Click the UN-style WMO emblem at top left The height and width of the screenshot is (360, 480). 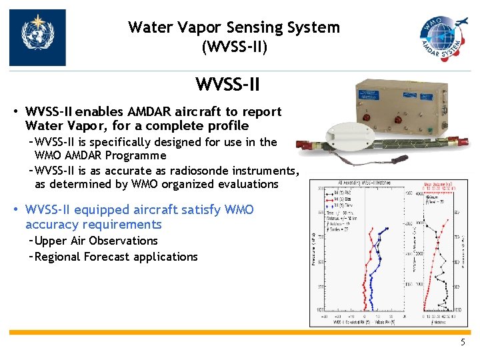pos(37,37)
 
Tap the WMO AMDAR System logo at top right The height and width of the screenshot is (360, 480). pos(443,37)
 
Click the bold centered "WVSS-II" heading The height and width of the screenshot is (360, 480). pos(227,85)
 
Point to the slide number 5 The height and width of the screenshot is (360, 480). pos(463,342)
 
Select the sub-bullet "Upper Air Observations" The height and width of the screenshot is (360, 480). pos(96,241)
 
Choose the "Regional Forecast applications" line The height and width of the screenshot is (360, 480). pos(116,257)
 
